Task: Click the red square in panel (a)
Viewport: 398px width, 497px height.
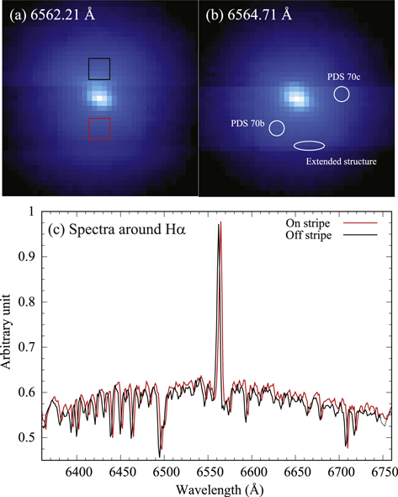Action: (99, 129)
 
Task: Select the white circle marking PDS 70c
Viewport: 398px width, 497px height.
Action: (342, 94)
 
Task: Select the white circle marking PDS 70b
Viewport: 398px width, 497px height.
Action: (277, 128)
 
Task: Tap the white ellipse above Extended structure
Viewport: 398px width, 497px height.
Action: (308, 146)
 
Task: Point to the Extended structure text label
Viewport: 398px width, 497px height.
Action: (335, 160)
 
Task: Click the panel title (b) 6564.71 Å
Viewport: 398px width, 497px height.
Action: (248, 13)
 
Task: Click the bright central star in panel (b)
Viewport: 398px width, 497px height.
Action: (295, 97)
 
